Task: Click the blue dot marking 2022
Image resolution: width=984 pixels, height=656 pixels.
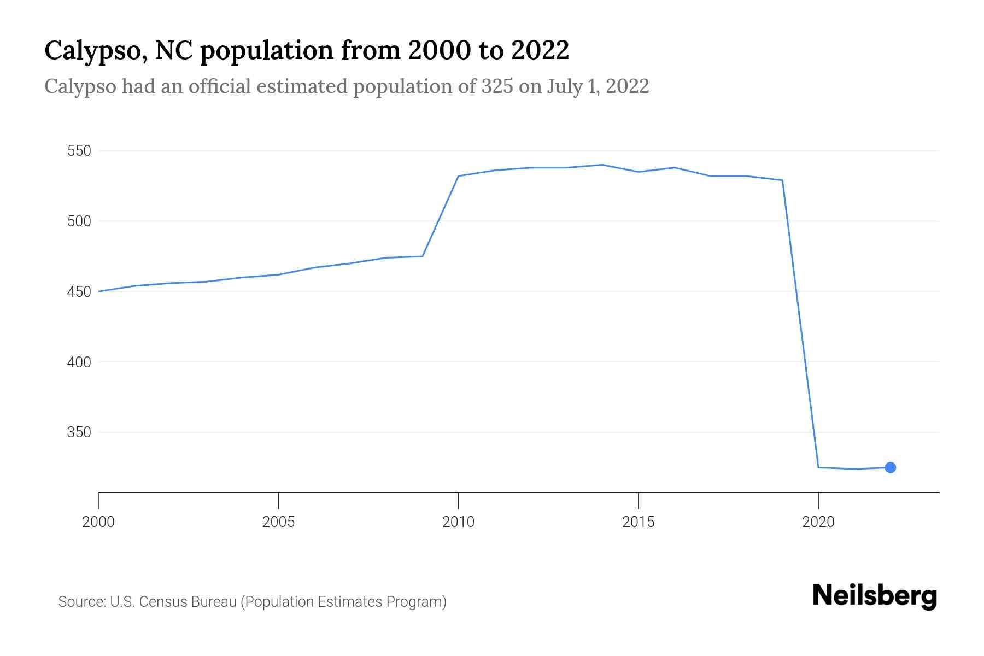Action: [890, 467]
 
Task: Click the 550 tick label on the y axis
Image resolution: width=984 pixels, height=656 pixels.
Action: [79, 151]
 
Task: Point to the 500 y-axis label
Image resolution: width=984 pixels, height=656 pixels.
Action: [79, 221]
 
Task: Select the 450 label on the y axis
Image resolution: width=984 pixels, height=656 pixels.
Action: [79, 292]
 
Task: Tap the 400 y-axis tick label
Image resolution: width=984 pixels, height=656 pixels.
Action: [79, 362]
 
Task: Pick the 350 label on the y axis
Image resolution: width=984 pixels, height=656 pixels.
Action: [79, 433]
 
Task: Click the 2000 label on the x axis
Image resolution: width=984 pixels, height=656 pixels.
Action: [98, 522]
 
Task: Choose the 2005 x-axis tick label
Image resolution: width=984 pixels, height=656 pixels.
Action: [278, 522]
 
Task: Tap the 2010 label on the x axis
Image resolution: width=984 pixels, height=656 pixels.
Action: [458, 522]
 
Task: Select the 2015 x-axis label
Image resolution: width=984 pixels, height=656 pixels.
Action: [638, 522]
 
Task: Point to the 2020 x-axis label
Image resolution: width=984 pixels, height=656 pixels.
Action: [818, 522]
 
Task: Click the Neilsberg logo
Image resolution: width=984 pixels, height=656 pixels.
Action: [875, 596]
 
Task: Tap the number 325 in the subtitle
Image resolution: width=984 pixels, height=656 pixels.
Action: [497, 86]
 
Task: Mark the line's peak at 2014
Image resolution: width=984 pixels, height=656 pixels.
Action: [602, 165]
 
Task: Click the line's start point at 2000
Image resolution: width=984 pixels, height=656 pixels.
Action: [99, 291]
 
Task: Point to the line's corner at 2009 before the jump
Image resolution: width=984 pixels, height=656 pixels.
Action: [423, 256]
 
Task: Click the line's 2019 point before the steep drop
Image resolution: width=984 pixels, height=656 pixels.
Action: [782, 180]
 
